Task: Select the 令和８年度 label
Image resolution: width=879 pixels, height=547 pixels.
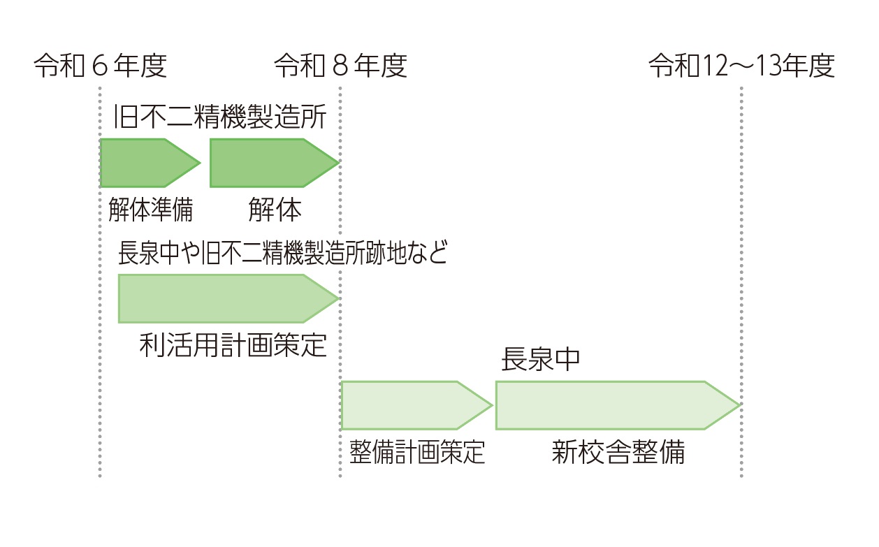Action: [340, 66]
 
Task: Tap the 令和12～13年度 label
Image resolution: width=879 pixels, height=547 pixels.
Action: [741, 66]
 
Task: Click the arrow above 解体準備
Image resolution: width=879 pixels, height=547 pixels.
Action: [147, 163]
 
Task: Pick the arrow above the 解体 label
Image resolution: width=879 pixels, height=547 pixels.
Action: [269, 163]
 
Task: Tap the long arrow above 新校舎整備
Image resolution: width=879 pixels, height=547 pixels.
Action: [608, 405]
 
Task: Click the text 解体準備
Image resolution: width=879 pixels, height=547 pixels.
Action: [150, 210]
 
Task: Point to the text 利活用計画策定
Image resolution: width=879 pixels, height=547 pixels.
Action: [233, 344]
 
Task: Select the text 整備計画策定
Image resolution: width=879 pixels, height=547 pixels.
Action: [416, 453]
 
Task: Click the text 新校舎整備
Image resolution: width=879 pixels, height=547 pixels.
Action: [618, 453]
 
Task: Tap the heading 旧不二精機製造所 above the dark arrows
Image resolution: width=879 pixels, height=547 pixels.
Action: [220, 117]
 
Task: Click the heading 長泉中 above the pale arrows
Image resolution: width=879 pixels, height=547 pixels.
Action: [540, 360]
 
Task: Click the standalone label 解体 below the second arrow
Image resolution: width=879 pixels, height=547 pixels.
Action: [275, 210]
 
